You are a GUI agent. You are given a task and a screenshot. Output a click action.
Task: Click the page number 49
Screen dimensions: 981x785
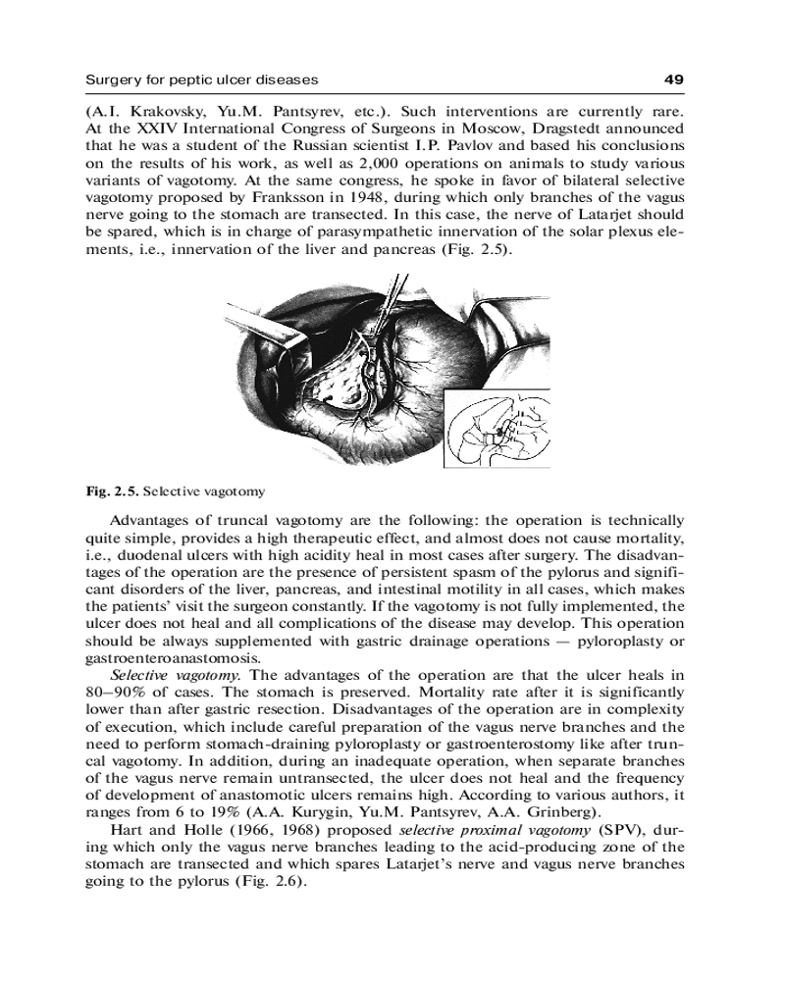pyautogui.click(x=673, y=78)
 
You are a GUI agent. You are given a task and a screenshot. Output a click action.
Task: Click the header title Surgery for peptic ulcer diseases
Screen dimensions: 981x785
pyautogui.click(x=202, y=78)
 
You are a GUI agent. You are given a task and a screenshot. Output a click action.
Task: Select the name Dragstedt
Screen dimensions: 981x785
pyautogui.click(x=560, y=128)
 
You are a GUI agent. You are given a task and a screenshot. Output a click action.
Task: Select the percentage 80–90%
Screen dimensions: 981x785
pyautogui.click(x=119, y=693)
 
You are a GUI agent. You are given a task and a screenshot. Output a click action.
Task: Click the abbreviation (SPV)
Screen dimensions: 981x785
pyautogui.click(x=610, y=831)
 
